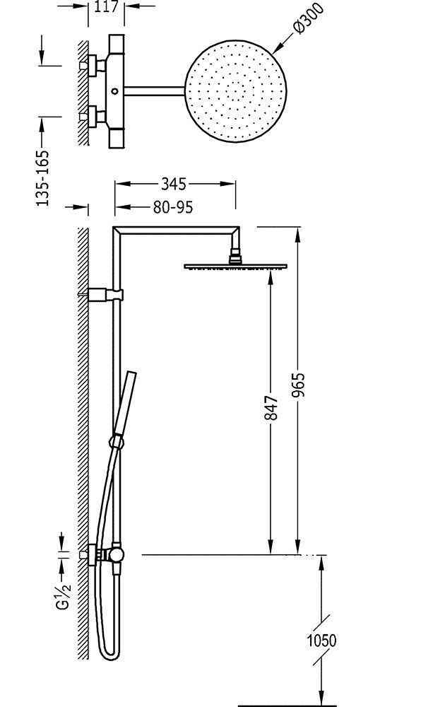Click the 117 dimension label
tap(106, 6)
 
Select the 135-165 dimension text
tap(42, 178)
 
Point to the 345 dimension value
tap(173, 184)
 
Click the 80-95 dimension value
tap(173, 207)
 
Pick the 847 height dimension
tap(271, 408)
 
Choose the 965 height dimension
tap(298, 385)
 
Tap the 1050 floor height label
tap(321, 641)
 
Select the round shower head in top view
tap(235, 91)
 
